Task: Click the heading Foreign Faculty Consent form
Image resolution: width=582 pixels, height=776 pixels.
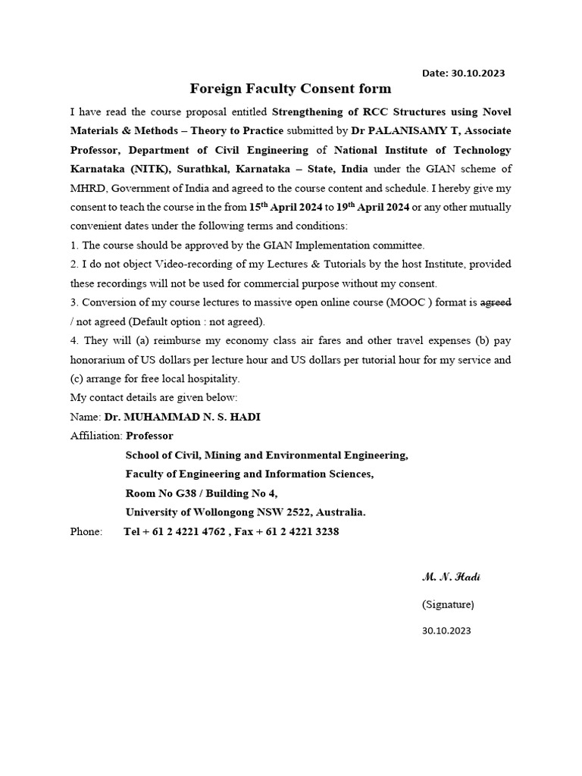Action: coord(290,89)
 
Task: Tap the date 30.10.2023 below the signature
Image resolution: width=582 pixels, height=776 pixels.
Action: coord(446,630)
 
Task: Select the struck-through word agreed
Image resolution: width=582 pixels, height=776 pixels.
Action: coord(496,302)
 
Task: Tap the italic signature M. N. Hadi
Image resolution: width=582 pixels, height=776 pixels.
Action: coord(451,577)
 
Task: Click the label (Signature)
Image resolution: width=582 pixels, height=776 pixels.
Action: coord(448,604)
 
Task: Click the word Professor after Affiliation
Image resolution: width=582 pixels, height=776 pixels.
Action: coord(149,436)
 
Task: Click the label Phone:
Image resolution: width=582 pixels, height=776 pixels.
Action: coord(86,531)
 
